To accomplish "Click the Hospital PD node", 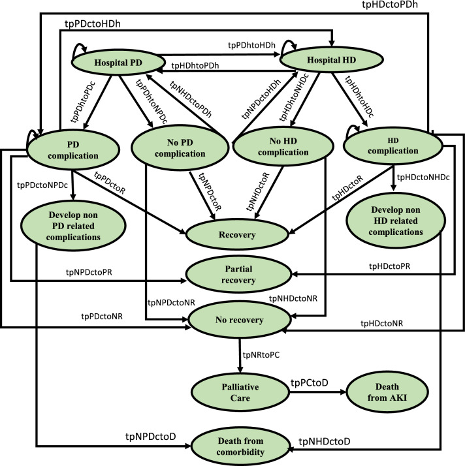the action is tap(118, 63).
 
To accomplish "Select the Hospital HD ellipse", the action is tap(332, 60).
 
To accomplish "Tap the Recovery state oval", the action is tap(237, 235).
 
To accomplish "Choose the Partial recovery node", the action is tap(238, 274).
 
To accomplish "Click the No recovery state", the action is tap(239, 320).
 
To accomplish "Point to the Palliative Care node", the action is tap(240, 392).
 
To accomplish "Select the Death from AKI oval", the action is tap(387, 392).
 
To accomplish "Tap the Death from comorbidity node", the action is tap(240, 446).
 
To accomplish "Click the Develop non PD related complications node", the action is tap(73, 226).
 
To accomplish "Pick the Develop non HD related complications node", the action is tap(395, 221).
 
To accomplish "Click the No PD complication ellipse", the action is tap(180, 148).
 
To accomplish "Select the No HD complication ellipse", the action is tap(283, 146).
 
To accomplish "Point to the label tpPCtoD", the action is tap(310, 382).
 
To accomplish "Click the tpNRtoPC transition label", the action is tap(261, 355).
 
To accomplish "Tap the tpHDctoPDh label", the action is tap(390, 5).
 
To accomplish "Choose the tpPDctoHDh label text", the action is tap(93, 23).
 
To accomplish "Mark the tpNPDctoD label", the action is tap(150, 436).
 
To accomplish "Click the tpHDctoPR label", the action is tap(389, 266).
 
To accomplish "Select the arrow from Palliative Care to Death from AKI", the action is tap(318, 392).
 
